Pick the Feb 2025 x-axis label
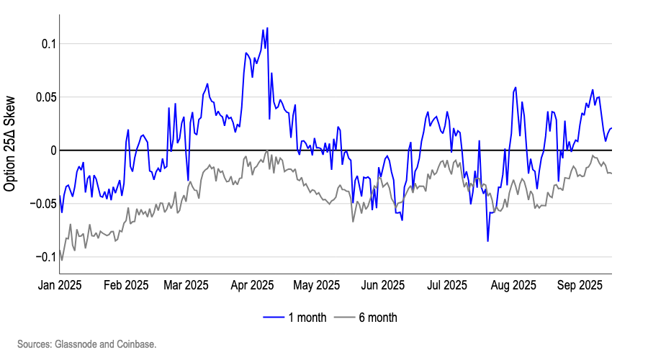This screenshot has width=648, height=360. click(x=125, y=284)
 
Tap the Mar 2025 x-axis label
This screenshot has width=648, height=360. click(x=186, y=284)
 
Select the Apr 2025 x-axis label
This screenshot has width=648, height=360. click(x=252, y=284)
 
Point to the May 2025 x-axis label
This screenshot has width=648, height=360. click(x=317, y=284)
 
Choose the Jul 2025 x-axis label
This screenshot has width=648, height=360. click(x=447, y=284)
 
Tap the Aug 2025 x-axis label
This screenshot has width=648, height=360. click(x=513, y=284)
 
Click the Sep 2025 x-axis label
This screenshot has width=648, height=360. click(x=580, y=284)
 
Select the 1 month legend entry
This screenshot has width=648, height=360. click(x=295, y=318)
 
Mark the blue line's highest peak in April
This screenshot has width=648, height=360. click(x=267, y=29)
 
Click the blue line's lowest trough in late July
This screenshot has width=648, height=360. click(x=487, y=240)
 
